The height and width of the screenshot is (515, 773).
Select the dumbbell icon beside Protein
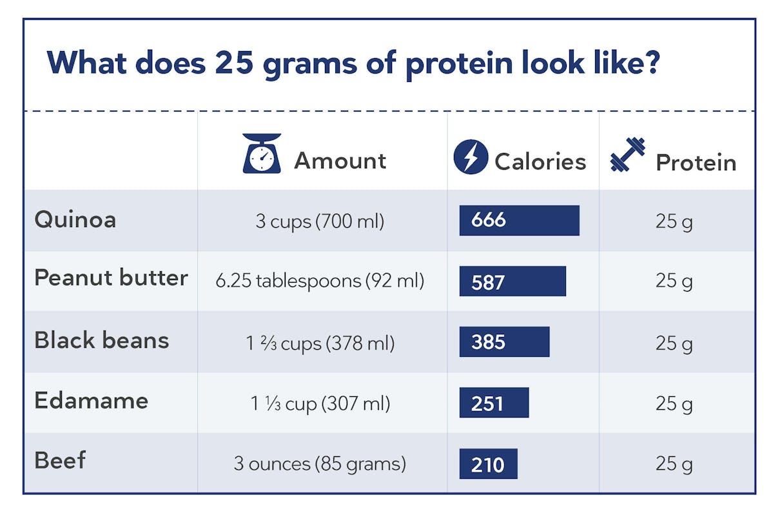[628, 156]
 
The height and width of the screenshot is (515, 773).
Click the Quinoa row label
[75, 220]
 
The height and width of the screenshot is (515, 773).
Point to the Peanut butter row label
[111, 278]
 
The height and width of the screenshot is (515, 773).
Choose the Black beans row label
[102, 340]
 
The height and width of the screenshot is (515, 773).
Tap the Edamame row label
[92, 401]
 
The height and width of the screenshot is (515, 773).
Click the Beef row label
[60, 461]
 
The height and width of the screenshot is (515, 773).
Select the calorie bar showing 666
[519, 221]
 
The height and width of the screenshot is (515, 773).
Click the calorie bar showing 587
[513, 281]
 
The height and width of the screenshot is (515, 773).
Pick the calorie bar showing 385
[504, 341]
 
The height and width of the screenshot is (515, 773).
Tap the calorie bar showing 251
[494, 403]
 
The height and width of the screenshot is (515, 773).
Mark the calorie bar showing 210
[488, 463]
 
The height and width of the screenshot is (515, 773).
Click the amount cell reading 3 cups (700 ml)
[320, 222]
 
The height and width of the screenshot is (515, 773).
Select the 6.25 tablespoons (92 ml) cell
[320, 281]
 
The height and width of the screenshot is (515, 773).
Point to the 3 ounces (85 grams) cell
[320, 464]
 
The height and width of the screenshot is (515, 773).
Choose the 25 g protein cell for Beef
[674, 464]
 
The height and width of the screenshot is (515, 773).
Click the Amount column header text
[340, 161]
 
